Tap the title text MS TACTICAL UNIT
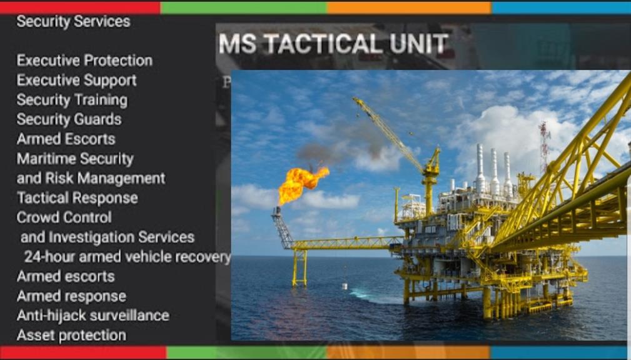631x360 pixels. pyautogui.click(x=333, y=44)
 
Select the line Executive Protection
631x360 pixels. pyautogui.click(x=84, y=61)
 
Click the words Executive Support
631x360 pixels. pyautogui.click(x=76, y=81)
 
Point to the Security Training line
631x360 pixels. pyautogui.click(x=72, y=100)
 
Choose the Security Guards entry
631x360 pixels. pyautogui.click(x=69, y=119)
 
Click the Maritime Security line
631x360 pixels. pyautogui.click(x=75, y=159)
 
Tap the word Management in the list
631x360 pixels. pyautogui.click(x=121, y=179)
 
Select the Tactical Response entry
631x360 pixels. pyautogui.click(x=78, y=198)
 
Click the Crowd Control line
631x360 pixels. pyautogui.click(x=64, y=217)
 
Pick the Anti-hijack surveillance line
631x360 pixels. pyautogui.click(x=93, y=316)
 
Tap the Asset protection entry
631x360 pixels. pyautogui.click(x=71, y=336)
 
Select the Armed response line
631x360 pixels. pyautogui.click(x=71, y=296)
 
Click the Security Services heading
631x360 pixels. pyautogui.click(x=73, y=22)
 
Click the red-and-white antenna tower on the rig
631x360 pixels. pyautogui.click(x=545, y=147)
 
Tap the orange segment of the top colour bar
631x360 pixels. pyautogui.click(x=409, y=7)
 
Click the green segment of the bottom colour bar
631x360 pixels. pyautogui.click(x=246, y=352)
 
